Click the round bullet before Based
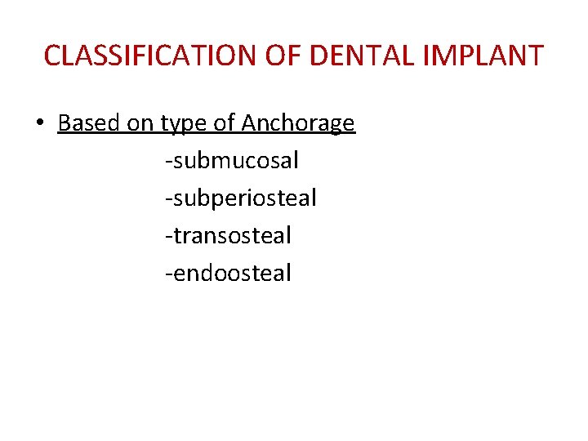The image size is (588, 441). [x=39, y=124]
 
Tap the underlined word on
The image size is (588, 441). [x=138, y=123]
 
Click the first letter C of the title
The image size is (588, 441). [x=52, y=56]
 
